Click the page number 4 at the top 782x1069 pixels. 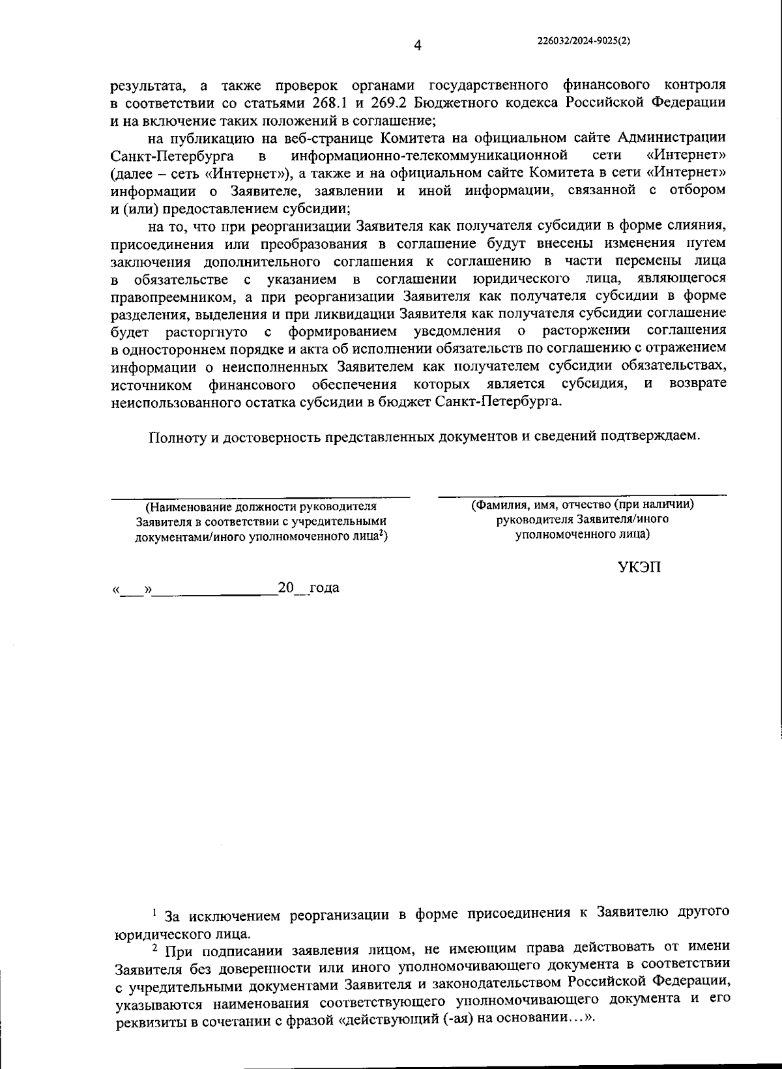pos(418,45)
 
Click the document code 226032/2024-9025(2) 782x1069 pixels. pos(584,40)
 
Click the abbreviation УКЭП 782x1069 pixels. pos(639,567)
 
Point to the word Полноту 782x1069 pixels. pos(178,437)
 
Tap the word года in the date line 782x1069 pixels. pos(324,587)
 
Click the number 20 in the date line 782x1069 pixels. pos(286,587)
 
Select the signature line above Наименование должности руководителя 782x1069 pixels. pos(260,498)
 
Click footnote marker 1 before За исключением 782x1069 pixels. pos(154,911)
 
